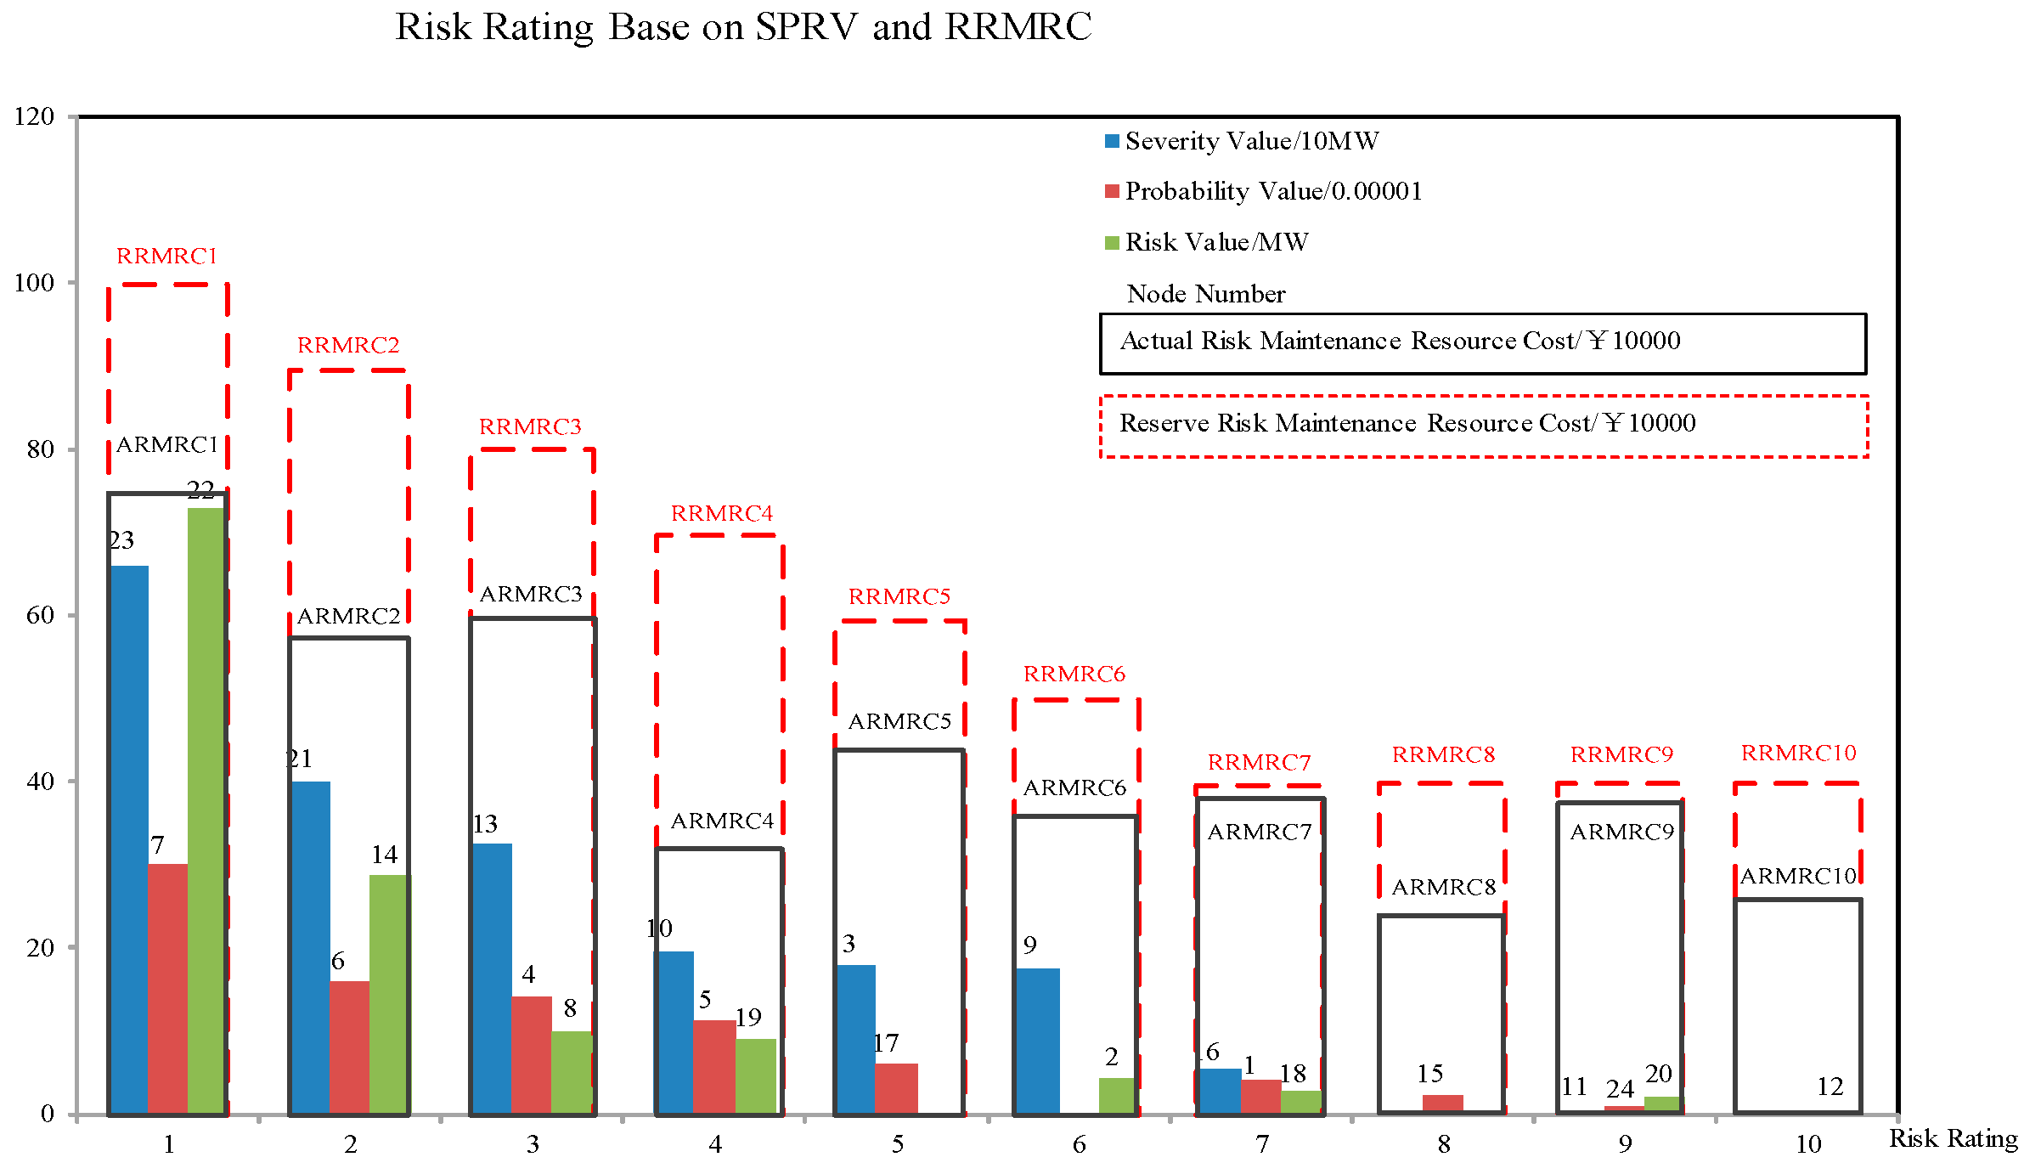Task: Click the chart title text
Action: click(743, 27)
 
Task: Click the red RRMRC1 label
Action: click(166, 256)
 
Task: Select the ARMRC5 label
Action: click(899, 721)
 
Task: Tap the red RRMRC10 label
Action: click(1798, 753)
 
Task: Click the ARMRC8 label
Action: click(1443, 887)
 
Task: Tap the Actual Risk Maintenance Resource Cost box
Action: click(1482, 343)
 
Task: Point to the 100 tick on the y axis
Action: click(35, 283)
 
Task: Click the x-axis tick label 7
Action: click(1262, 1144)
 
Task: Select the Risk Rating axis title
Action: click(1953, 1138)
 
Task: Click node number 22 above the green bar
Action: click(200, 490)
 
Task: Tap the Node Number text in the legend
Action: click(1205, 294)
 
